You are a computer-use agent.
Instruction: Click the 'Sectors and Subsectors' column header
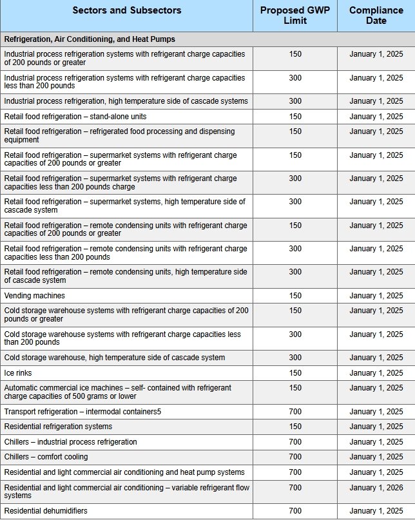pos(126,10)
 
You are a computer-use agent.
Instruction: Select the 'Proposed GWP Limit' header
pos(294,15)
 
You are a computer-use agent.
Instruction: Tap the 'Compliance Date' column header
pos(376,15)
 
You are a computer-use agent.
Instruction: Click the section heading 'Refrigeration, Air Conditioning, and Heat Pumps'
pos(90,39)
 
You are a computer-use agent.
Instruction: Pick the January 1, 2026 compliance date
pos(376,488)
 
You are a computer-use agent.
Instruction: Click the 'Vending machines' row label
pos(35,296)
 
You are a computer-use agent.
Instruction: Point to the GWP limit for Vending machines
pos(295,296)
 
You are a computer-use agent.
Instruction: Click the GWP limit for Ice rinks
pos(295,373)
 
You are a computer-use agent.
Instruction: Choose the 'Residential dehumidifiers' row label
pos(46,511)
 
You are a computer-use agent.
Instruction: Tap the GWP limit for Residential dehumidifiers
pos(295,511)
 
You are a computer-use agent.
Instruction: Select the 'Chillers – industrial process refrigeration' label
pos(71,442)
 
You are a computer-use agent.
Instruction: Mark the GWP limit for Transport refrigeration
pos(295,411)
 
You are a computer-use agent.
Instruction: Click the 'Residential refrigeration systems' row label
pos(58,427)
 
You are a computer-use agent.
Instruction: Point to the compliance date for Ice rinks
pos(376,373)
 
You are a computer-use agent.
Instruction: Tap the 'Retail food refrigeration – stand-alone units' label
pos(75,117)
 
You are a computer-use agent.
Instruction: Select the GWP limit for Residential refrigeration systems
pos(295,427)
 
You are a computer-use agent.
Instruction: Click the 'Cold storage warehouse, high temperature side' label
pos(115,358)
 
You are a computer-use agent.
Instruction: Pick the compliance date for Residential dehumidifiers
pos(376,511)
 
